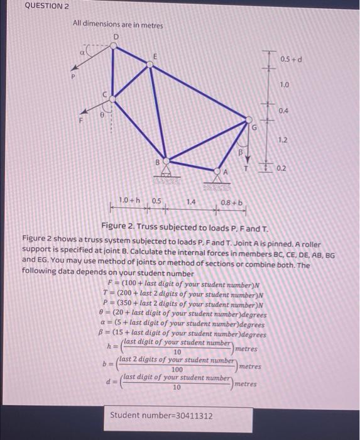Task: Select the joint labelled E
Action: pyautogui.click(x=155, y=63)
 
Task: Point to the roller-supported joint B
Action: pyautogui.click(x=165, y=162)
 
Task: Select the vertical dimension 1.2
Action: pyautogui.click(x=285, y=141)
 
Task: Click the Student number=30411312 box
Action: pyautogui.click(x=161, y=415)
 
